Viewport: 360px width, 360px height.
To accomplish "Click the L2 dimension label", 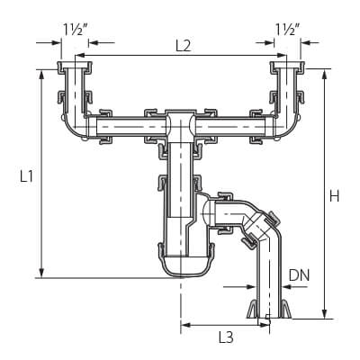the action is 183,46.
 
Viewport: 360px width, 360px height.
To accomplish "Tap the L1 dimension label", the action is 26,176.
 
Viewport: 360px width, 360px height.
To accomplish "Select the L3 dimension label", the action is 226,337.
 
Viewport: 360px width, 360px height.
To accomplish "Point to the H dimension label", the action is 335,196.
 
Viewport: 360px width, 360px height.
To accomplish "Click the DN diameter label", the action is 299,275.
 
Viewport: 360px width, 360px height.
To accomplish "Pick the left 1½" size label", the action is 75,29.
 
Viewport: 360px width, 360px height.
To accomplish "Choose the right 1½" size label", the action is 287,29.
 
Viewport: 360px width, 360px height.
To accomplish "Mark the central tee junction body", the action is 181,126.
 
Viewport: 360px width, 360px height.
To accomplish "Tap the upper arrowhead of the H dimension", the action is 324,74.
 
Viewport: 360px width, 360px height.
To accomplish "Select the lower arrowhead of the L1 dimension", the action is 41,273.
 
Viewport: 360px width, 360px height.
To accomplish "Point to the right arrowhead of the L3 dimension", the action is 265,324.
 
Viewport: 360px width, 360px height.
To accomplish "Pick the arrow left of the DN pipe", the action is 239,287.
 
